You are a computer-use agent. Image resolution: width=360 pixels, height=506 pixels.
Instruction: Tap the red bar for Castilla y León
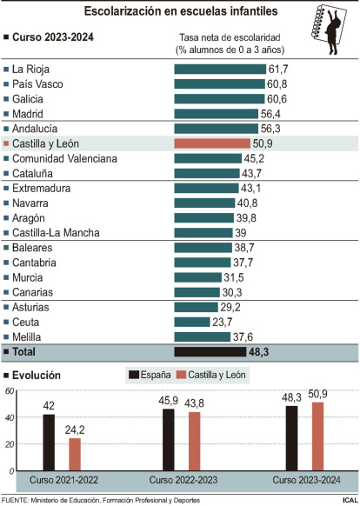[x=212, y=143]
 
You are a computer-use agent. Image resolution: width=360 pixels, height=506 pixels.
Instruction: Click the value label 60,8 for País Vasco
[x=278, y=83]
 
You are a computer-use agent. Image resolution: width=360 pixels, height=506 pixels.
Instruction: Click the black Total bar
[x=210, y=352]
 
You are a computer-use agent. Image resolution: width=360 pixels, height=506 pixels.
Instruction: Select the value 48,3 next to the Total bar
[x=261, y=352]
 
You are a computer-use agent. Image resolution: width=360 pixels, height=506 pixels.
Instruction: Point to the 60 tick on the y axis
[x=8, y=391]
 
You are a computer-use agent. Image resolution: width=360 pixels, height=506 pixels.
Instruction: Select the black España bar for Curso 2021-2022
[x=49, y=442]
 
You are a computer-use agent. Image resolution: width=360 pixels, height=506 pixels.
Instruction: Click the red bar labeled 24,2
[x=75, y=453]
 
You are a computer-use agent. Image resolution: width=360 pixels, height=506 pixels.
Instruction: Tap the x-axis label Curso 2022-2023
[x=183, y=480]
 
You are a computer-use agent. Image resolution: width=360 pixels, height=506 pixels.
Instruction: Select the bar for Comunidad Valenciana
[x=204, y=158]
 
